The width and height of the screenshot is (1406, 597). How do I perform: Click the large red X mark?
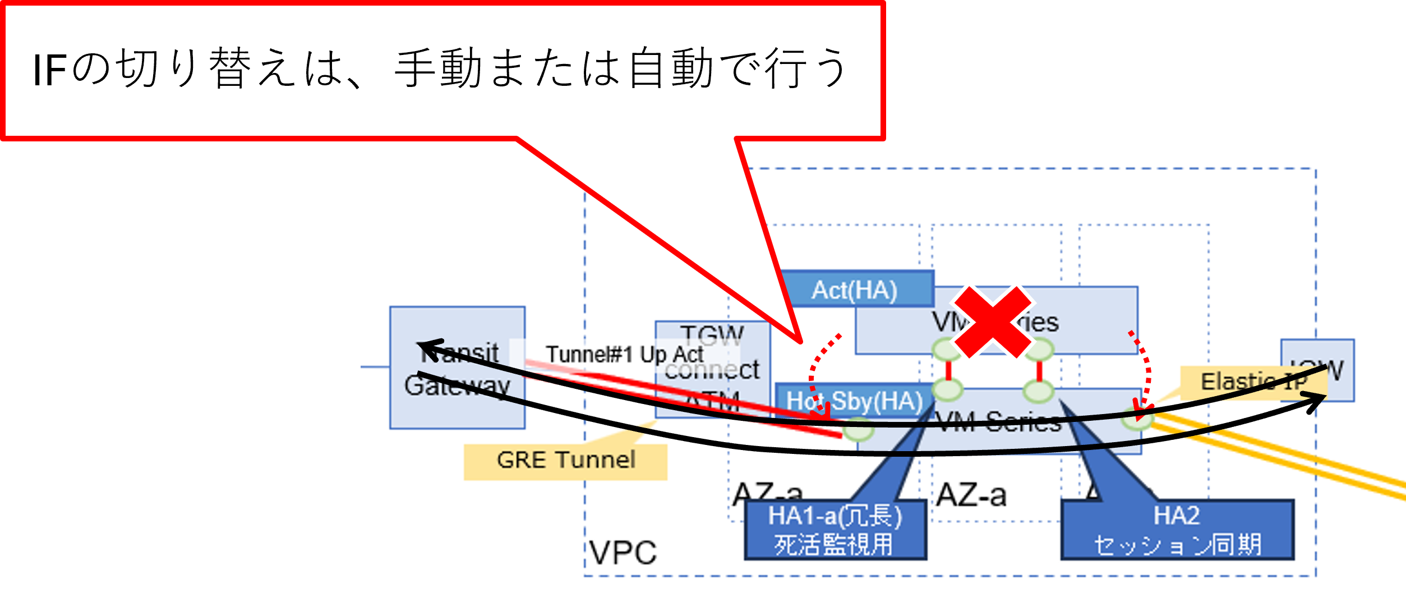tap(993, 322)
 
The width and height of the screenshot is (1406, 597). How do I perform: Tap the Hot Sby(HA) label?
tap(854, 401)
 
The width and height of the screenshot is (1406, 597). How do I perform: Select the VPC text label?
tap(623, 553)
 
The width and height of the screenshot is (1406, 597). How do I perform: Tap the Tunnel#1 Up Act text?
tap(624, 355)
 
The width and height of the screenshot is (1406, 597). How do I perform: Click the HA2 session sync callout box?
tap(1177, 530)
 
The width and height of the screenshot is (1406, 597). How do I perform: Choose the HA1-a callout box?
tap(835, 530)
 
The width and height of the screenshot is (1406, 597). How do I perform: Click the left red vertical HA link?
tap(948, 370)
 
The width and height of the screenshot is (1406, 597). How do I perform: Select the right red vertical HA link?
tap(1039, 371)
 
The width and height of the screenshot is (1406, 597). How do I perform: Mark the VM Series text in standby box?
tap(998, 422)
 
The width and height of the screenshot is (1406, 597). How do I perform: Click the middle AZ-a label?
tap(971, 495)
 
